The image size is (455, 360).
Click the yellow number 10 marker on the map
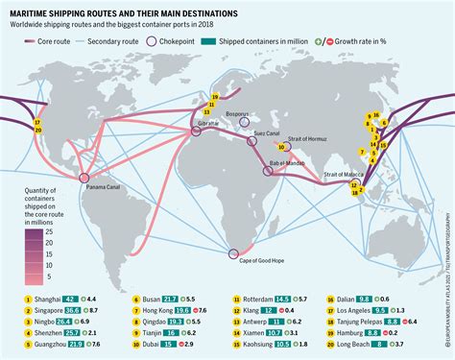[x=282, y=148]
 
